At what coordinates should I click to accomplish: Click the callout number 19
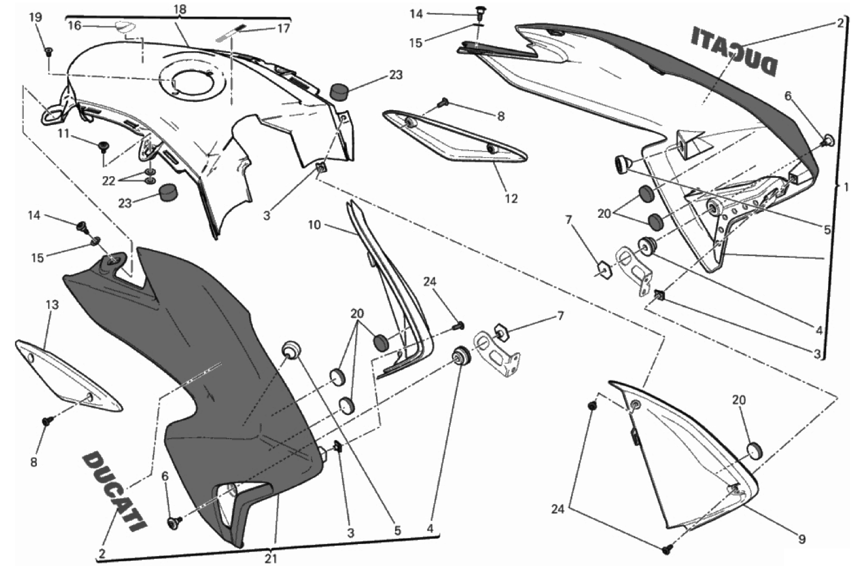pyautogui.click(x=36, y=17)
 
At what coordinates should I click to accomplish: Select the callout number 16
pyautogui.click(x=75, y=26)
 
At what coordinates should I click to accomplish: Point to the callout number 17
pyautogui.click(x=283, y=28)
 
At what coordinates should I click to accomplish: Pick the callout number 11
pyautogui.click(x=64, y=133)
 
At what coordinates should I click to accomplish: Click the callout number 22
pyautogui.click(x=108, y=180)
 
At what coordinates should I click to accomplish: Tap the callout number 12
pyautogui.click(x=511, y=198)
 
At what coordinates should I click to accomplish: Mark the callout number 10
pyautogui.click(x=314, y=224)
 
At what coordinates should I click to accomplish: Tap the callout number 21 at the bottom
pyautogui.click(x=271, y=558)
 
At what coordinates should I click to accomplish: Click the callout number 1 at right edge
pyautogui.click(x=846, y=187)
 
